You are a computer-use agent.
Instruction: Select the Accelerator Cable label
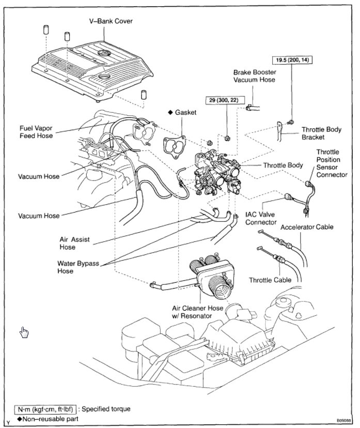coord(307,227)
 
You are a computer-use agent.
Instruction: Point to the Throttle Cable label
coord(270,280)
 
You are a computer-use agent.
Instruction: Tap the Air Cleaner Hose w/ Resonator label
coord(199,312)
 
